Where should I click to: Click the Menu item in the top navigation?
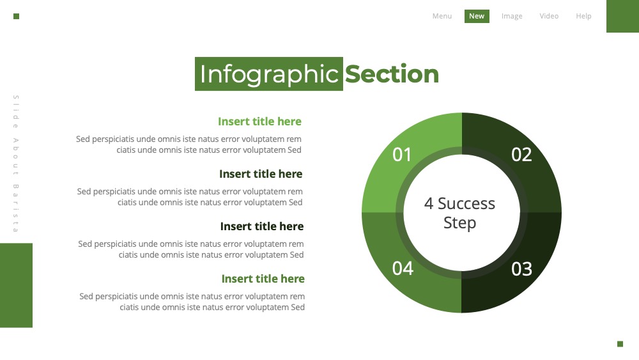click(442, 16)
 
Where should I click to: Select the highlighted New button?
click(477, 16)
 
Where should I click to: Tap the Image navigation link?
click(512, 16)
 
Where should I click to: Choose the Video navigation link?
click(549, 16)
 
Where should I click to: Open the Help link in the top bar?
click(583, 16)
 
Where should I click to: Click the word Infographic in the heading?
click(269, 74)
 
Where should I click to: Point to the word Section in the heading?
click(392, 74)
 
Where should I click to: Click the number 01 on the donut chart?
click(402, 155)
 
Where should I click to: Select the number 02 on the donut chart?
click(521, 155)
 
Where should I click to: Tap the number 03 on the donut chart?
click(521, 269)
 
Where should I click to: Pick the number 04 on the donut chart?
click(403, 269)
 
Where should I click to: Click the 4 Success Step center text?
click(459, 213)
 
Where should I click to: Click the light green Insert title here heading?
click(259, 121)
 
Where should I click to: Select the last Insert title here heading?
click(263, 279)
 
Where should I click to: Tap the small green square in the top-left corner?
click(17, 17)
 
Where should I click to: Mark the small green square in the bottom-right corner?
click(620, 343)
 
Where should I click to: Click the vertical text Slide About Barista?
click(16, 164)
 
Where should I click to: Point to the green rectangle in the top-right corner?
click(622, 17)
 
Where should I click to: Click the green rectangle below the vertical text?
click(17, 285)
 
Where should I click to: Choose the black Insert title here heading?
click(261, 226)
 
